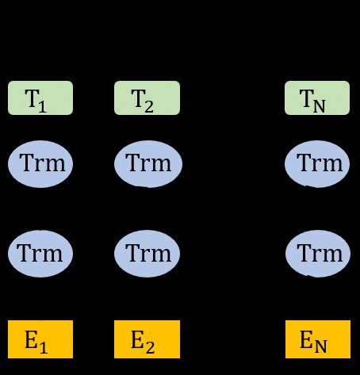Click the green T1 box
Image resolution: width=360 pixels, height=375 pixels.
pos(40,98)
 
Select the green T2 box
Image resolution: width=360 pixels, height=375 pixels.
pos(147,98)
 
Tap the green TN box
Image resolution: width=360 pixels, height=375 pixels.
pos(317,98)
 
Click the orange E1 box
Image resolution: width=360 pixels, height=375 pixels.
pos(40,339)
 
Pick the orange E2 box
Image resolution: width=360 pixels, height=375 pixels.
pos(147,339)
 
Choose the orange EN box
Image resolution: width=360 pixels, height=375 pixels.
pos(317,339)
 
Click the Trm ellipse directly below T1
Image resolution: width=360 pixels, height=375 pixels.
pos(40,165)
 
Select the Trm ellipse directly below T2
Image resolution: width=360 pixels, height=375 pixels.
pos(148,165)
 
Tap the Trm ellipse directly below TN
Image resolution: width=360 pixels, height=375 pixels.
pos(317,165)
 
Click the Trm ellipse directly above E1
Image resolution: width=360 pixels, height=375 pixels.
pos(40,254)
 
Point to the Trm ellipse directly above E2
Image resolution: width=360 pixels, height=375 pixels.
pos(148,254)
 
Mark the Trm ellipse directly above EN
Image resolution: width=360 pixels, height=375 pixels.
pos(317,254)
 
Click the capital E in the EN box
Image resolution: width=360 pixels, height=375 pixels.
pos(306,339)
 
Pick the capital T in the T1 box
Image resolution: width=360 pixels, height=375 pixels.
pos(32,98)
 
